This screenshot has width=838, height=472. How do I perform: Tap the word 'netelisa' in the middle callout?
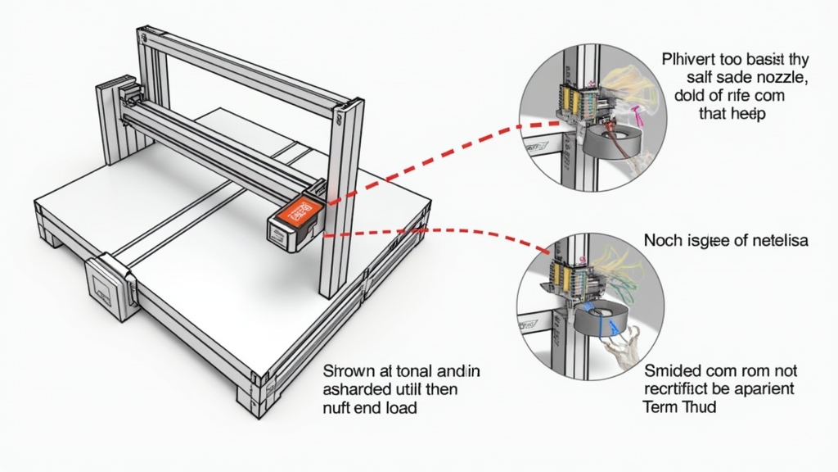(779, 241)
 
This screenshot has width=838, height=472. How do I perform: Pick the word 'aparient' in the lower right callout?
(764, 388)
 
